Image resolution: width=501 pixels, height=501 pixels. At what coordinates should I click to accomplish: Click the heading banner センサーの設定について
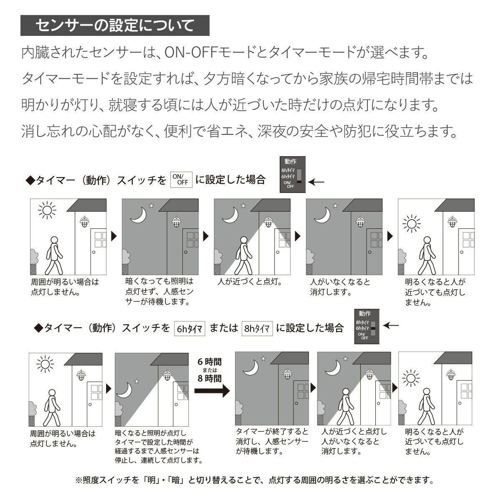coord(115,26)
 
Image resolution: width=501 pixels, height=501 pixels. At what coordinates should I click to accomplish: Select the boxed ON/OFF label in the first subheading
coord(182,180)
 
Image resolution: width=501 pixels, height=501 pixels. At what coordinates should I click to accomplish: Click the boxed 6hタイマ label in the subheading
coord(190,329)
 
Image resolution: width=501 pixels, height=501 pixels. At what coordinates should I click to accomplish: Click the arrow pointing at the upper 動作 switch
coord(318,182)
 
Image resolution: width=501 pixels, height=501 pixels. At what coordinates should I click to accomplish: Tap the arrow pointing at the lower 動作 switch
coord(391,326)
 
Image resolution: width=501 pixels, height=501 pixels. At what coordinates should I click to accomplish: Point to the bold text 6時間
coord(210,362)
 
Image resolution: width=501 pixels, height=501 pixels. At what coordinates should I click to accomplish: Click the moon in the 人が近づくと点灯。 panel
coord(230,215)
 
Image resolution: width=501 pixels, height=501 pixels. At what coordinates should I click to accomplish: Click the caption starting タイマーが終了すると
coord(272,441)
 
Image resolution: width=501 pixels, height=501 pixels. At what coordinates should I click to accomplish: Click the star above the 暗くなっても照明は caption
coord(151,205)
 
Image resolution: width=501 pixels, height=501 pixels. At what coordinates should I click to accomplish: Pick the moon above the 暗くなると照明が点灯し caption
coord(124,391)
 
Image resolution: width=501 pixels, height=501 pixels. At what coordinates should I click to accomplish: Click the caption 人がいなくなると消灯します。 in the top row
coord(340,287)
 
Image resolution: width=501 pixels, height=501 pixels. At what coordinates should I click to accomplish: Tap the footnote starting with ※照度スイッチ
coord(254,480)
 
